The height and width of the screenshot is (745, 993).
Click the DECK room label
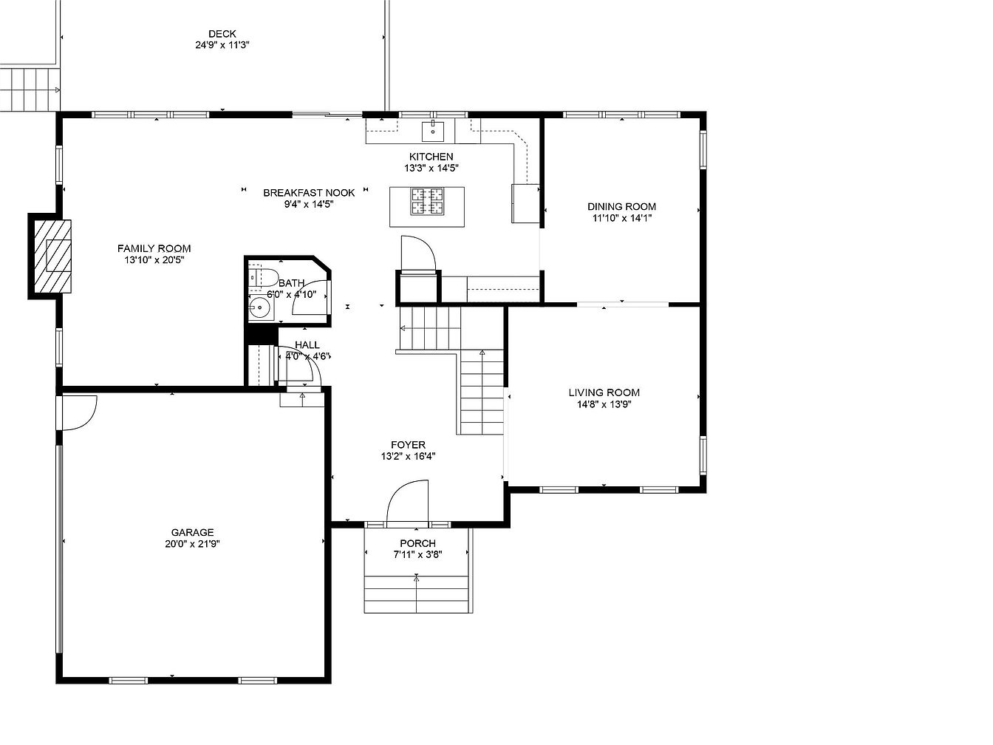pyautogui.click(x=222, y=34)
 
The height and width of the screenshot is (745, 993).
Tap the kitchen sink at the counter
pyautogui.click(x=433, y=131)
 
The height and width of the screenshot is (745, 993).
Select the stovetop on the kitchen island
pyautogui.click(x=426, y=201)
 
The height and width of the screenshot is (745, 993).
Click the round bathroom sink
pyautogui.click(x=259, y=308)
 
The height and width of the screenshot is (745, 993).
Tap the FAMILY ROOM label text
pyautogui.click(x=154, y=248)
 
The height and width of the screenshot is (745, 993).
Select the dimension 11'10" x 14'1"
pyautogui.click(x=622, y=218)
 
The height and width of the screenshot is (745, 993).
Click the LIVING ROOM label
pyautogui.click(x=604, y=392)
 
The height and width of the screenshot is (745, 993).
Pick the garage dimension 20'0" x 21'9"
pyautogui.click(x=192, y=544)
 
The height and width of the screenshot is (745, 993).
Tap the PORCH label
pyautogui.click(x=417, y=543)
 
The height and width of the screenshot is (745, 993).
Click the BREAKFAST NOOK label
pyautogui.click(x=309, y=193)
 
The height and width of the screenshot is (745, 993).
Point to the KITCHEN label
pyautogui.click(x=431, y=157)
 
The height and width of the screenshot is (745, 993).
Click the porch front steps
pyautogui.click(x=416, y=594)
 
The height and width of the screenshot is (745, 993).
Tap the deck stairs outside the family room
pyautogui.click(x=30, y=90)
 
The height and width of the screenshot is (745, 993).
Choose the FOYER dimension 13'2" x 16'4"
pyautogui.click(x=408, y=456)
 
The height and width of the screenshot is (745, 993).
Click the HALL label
pyautogui.click(x=307, y=344)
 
